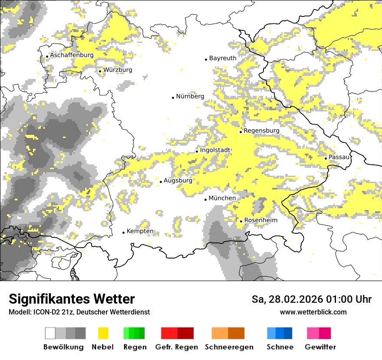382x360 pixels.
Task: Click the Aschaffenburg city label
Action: pyautogui.click(x=72, y=56)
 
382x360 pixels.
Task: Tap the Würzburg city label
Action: pyautogui.click(x=118, y=70)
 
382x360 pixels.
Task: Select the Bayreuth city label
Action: pyautogui.click(x=223, y=58)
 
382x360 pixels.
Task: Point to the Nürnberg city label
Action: pyautogui.click(x=190, y=97)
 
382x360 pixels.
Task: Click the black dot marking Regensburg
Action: pyautogui.click(x=240, y=131)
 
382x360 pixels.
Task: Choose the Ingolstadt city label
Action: pyautogui.click(x=215, y=151)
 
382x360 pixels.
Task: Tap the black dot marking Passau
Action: pyautogui.click(x=326, y=158)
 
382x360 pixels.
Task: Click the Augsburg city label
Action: pyautogui.click(x=178, y=181)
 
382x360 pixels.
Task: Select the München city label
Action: pyautogui.click(x=222, y=198)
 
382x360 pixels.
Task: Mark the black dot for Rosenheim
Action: pyautogui.click(x=241, y=221)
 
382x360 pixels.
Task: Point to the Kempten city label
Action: pyautogui.click(x=140, y=232)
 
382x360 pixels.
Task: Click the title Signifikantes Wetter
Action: pyautogui.click(x=72, y=299)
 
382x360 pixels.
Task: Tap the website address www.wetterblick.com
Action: pyautogui.click(x=313, y=312)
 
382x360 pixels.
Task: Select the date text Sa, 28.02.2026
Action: pyautogui.click(x=288, y=300)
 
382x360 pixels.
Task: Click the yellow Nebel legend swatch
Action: pyautogui.click(x=103, y=333)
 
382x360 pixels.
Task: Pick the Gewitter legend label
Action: pyautogui.click(x=320, y=347)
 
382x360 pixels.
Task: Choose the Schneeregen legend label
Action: pyautogui.click(x=229, y=347)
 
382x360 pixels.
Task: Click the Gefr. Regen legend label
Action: pyautogui.click(x=177, y=347)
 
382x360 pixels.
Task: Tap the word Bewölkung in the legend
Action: pyautogui.click(x=63, y=347)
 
